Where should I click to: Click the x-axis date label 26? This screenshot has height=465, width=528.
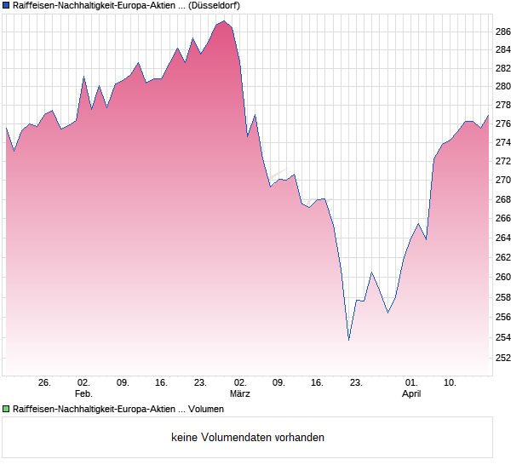coord(45,382)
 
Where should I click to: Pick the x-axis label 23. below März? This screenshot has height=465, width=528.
coord(356,382)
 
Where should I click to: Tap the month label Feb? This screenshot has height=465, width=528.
coord(83,393)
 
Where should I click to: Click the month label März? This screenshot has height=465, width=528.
coord(240,393)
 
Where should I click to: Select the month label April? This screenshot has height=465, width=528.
coord(411,393)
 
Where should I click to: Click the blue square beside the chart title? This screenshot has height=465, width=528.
coord(6,5)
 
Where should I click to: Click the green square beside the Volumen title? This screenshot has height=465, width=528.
coord(6,410)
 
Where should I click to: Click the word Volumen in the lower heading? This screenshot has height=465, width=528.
coord(205,410)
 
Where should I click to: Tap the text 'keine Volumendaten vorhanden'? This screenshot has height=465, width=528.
coord(248,438)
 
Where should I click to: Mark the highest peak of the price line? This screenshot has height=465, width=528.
coord(224,21)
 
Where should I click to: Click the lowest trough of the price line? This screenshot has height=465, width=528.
coord(349,340)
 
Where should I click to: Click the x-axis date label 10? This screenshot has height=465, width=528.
coord(451,382)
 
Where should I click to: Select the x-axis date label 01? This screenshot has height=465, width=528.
coord(411,382)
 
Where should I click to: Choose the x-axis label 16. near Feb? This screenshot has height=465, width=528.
coord(162,382)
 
